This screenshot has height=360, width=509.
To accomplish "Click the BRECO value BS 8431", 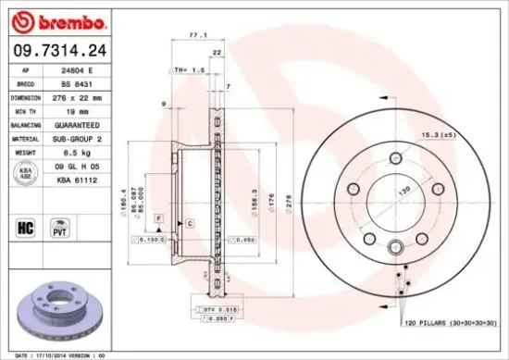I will pos(76,82).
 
